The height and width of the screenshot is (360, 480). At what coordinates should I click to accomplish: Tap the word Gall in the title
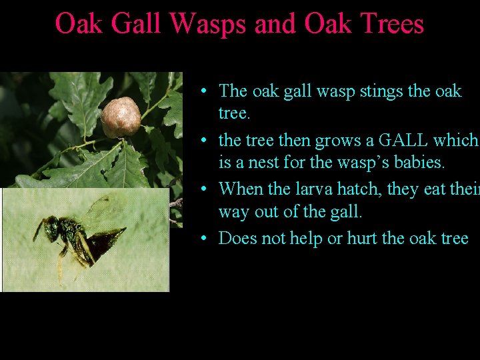tap(136, 24)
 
